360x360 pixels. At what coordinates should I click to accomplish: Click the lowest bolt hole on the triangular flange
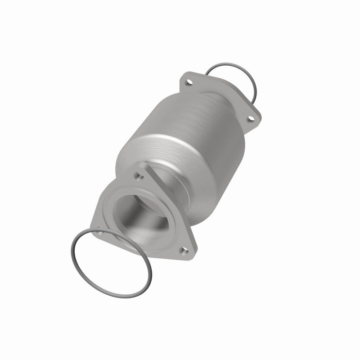pyautogui.click(x=183, y=251)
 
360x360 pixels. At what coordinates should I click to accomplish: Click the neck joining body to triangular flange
pyautogui.click(x=180, y=193)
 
